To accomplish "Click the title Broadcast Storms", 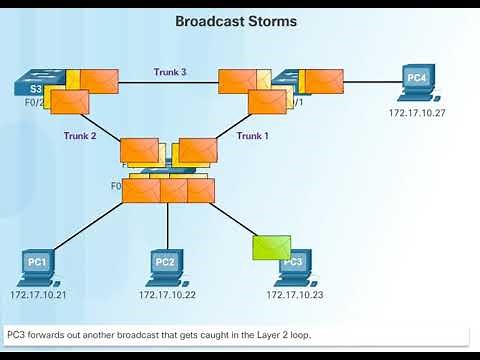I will pos(236,20).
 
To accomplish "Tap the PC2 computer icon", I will pos(165,265).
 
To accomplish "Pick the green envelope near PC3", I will pos(271,247).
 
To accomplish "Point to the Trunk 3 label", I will pos(170,72).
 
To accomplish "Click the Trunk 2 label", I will pos(80,135).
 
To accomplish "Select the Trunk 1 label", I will pos(253,135).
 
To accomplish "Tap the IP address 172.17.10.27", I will pos(417,113).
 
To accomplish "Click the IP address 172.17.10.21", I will pos(38,295).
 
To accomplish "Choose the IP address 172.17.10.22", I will pos(166,295).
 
